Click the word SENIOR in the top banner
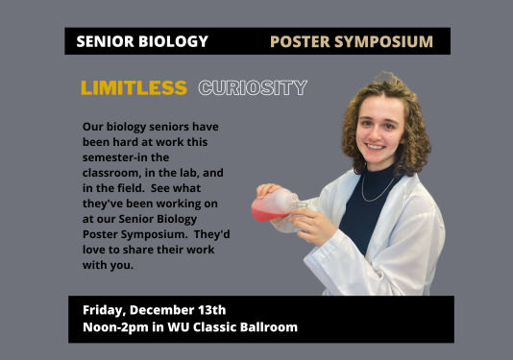[103, 41]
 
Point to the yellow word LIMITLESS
[134, 88]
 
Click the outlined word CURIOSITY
[253, 88]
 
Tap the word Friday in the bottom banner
[102, 309]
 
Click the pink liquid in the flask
[267, 204]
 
